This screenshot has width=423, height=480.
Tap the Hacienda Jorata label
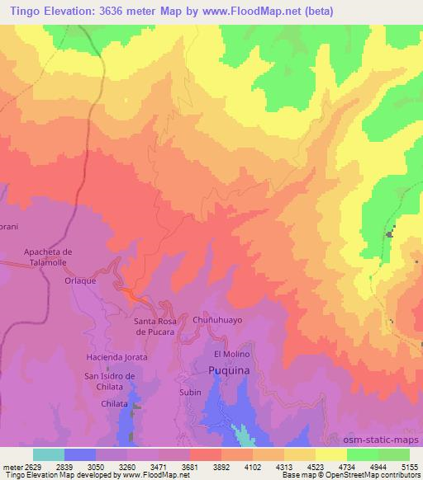coord(116,357)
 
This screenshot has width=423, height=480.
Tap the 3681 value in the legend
coord(189,466)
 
